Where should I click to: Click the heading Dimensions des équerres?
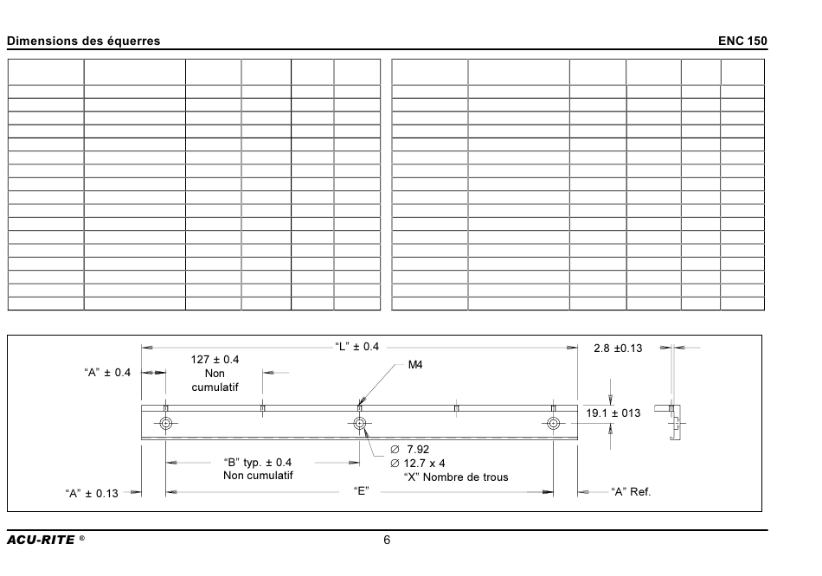click(83, 41)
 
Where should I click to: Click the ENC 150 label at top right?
click(742, 41)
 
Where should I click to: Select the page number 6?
click(387, 541)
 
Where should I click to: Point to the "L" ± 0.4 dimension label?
click(357, 347)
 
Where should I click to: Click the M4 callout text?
click(415, 365)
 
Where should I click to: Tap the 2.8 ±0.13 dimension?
click(618, 348)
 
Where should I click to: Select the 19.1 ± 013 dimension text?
click(613, 413)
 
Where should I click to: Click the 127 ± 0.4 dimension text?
click(215, 360)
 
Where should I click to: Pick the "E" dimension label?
click(361, 491)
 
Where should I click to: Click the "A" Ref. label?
click(631, 491)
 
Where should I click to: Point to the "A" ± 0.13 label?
click(92, 493)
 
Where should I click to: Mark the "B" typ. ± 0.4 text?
click(257, 462)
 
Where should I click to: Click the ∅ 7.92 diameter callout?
click(410, 449)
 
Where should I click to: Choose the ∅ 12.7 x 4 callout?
click(418, 464)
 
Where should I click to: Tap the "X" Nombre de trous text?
click(456, 477)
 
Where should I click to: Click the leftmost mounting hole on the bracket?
click(165, 423)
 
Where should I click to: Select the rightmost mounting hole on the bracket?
click(553, 423)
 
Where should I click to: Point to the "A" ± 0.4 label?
click(107, 372)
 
